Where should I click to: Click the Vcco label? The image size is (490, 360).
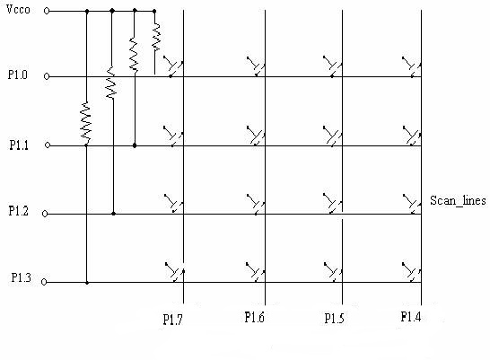(18, 9)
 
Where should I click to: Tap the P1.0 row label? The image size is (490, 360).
(18, 75)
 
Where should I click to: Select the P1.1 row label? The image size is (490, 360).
(19, 145)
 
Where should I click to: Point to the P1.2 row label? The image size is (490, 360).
(18, 211)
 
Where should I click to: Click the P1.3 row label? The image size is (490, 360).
(21, 277)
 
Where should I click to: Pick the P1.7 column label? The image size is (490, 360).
(172, 320)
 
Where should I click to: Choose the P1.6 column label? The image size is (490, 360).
(254, 317)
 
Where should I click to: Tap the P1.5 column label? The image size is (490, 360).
(335, 319)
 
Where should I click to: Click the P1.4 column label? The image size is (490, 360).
(411, 317)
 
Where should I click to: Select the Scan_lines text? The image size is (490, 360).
(458, 200)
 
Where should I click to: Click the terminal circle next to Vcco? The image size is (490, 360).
(47, 12)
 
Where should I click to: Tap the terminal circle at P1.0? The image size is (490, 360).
(47, 76)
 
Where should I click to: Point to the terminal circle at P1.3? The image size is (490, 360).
(44, 282)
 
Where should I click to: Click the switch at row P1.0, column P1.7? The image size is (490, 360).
(173, 66)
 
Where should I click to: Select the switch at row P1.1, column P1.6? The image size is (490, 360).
(256, 136)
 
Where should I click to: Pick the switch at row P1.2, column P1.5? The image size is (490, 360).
(332, 204)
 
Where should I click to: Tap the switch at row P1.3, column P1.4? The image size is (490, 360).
(412, 272)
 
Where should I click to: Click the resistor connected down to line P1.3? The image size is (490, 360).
(85, 123)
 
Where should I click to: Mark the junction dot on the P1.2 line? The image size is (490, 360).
(113, 214)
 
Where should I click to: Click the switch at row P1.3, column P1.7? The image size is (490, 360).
(175, 272)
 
